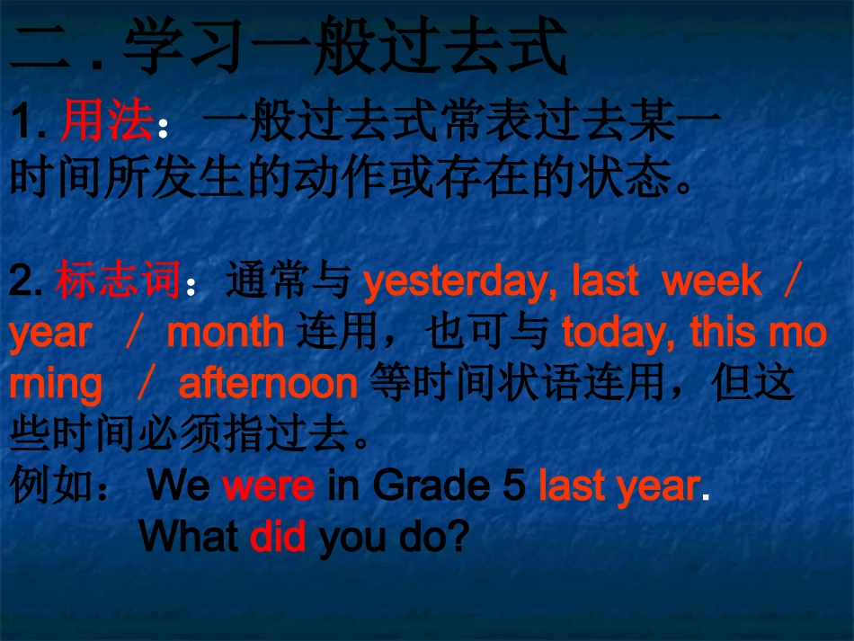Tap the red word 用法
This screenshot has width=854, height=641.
click(107, 123)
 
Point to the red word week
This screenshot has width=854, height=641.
click(711, 282)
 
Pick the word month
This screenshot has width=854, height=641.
click(226, 334)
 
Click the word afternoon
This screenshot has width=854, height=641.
click(268, 385)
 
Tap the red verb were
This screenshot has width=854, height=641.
click(268, 486)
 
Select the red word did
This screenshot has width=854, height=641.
click(278, 537)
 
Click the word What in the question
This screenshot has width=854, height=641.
click(190, 537)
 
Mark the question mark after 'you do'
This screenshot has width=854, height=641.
click(459, 537)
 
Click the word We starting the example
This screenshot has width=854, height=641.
click(178, 486)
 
